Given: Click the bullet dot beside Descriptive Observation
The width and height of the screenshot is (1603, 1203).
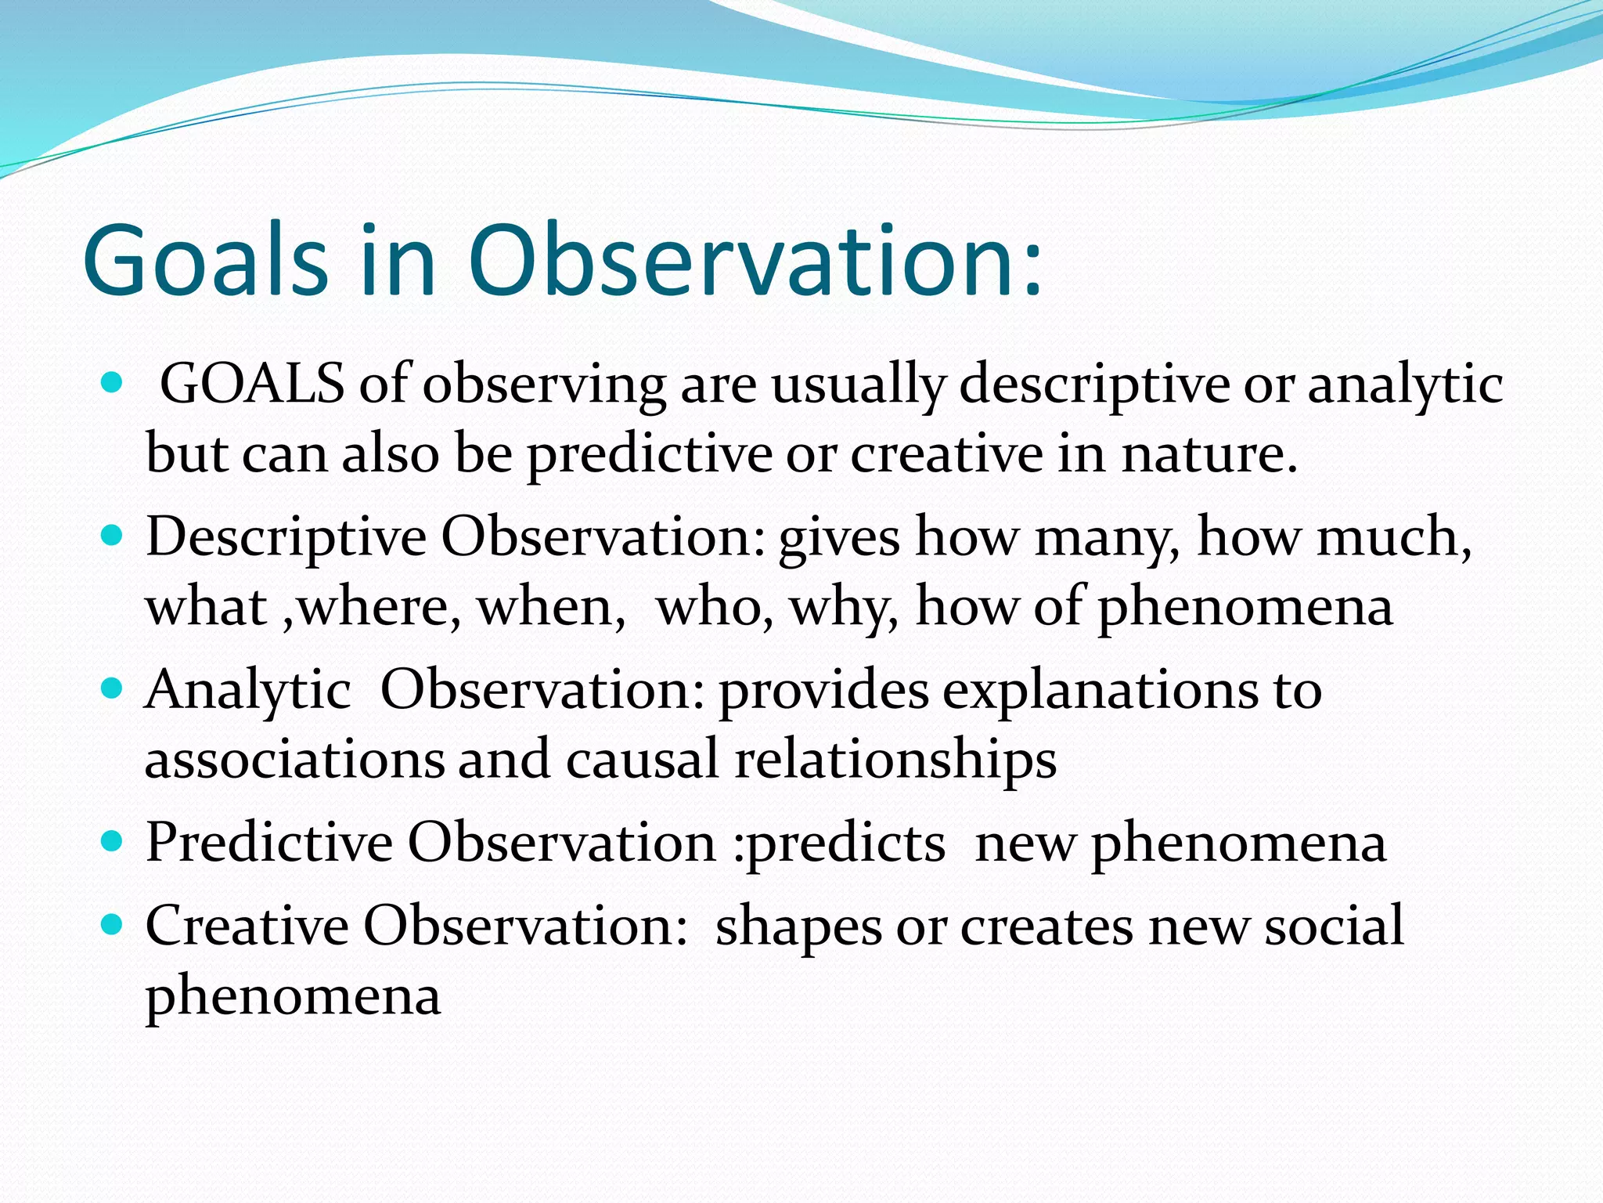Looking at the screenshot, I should pyautogui.click(x=113, y=536).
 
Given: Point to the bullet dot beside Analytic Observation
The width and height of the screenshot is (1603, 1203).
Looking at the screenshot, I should pyautogui.click(x=113, y=689).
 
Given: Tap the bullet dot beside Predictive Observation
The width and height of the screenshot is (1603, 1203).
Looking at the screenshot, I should pyautogui.click(x=113, y=842).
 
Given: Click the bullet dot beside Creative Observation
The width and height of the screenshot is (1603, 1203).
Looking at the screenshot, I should pyautogui.click(x=113, y=925).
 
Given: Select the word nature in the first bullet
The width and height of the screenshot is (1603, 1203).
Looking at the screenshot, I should pyautogui.click(x=1209, y=454).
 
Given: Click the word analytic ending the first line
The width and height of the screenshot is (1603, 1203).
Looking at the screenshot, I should pyautogui.click(x=1405, y=385).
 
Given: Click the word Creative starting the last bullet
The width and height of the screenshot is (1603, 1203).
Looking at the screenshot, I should pyautogui.click(x=247, y=926).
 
